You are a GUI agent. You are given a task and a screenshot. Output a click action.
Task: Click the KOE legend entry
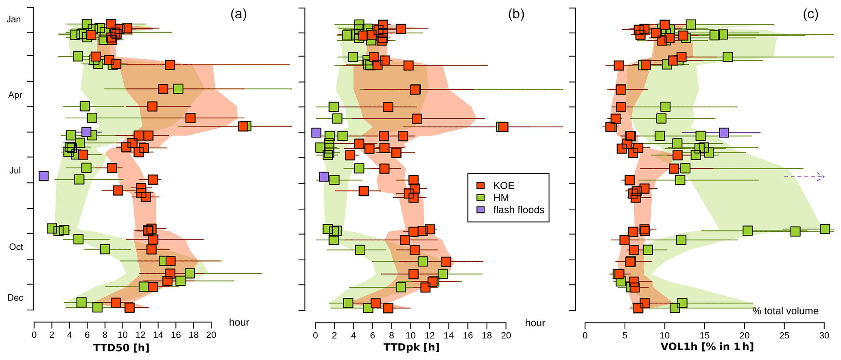point(504,185)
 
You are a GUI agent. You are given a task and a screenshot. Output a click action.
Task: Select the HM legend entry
point(501,198)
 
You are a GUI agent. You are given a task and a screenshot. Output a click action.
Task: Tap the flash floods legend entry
point(518,210)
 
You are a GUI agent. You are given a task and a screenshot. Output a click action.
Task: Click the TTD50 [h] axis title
point(121,348)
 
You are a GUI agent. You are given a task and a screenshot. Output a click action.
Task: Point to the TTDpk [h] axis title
point(411,348)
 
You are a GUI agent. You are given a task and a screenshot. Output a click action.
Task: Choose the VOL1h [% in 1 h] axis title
point(707,347)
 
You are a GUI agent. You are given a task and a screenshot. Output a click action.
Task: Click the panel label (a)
point(238,15)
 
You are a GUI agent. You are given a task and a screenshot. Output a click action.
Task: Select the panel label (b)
point(516,15)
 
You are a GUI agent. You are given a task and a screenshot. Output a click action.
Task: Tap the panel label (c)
point(810,15)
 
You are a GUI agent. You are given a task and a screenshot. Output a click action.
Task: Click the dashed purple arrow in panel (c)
point(804,177)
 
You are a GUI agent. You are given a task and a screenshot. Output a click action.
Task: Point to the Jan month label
point(14,20)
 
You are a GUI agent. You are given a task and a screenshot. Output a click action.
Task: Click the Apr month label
point(15,95)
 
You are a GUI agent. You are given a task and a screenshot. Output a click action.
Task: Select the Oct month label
point(16,247)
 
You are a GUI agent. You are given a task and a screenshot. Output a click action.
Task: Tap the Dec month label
point(15,298)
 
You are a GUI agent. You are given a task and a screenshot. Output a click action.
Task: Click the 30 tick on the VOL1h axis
point(824,335)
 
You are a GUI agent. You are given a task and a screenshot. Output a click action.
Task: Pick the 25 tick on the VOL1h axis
point(784,335)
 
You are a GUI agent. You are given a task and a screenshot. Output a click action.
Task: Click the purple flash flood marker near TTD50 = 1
point(44,176)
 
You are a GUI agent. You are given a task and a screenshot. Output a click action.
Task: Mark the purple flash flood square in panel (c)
point(723,133)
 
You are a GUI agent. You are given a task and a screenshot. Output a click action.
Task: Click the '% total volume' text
point(785,311)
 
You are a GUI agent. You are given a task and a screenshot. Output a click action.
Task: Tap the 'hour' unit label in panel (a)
point(239,323)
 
